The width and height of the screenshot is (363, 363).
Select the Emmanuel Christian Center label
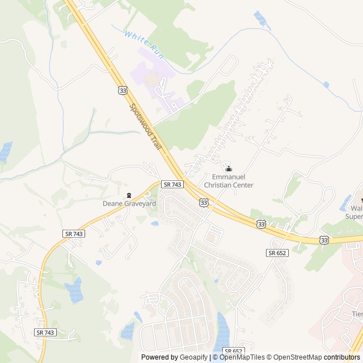click(229, 181)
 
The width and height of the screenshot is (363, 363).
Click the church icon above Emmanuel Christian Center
click(229, 168)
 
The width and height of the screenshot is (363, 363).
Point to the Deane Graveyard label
click(129, 203)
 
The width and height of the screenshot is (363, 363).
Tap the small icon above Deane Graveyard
click(129, 195)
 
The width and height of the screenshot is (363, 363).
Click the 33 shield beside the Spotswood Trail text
click(123, 90)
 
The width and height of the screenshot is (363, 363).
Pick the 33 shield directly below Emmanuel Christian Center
click(203, 202)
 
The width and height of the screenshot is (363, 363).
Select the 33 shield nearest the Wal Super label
click(323, 240)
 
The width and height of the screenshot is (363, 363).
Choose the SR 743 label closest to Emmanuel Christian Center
click(172, 184)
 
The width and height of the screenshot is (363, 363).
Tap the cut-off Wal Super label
click(355, 212)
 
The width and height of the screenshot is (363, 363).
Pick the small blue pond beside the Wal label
click(345, 201)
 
